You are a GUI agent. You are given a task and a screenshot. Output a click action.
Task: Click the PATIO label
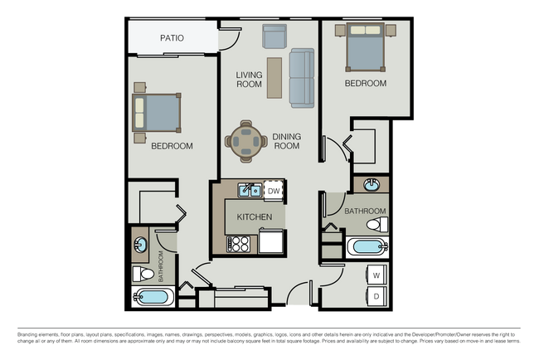point(172,38)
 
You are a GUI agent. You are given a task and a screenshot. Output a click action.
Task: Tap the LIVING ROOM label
point(249,80)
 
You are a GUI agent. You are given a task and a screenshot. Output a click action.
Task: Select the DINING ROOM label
point(286,141)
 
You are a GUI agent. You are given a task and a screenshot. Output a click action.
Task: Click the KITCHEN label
point(255,216)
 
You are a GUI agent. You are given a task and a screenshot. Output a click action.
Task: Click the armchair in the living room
point(274,36)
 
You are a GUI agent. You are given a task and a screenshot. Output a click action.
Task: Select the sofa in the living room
point(302,78)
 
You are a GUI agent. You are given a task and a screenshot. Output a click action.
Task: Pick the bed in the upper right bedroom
point(361,49)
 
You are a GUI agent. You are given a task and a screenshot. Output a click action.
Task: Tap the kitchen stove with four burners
point(239,244)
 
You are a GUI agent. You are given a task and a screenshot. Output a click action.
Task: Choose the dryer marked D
point(376,296)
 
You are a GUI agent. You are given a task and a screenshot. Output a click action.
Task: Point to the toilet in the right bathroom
point(376,225)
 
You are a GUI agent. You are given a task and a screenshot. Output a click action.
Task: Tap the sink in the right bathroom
point(371,185)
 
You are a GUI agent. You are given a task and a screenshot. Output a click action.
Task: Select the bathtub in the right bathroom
point(367,247)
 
